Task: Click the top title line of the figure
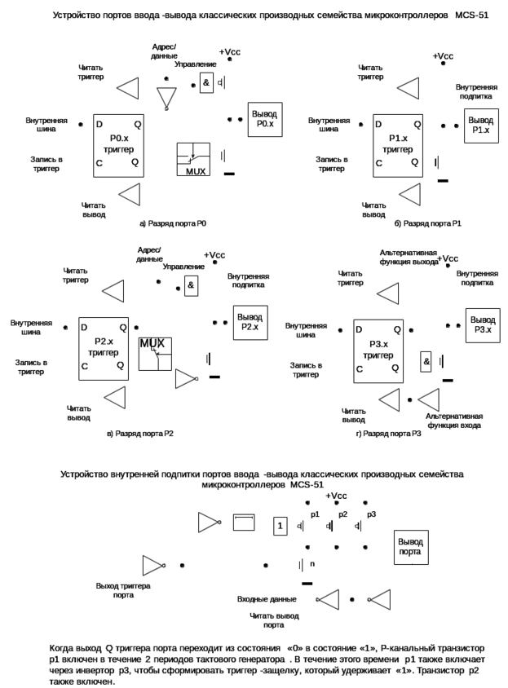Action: tap(269, 15)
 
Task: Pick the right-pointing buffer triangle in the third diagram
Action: tap(187, 379)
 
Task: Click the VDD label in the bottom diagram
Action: tap(336, 496)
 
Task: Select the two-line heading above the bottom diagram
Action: tap(262, 478)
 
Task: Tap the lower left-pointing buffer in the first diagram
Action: tap(128, 194)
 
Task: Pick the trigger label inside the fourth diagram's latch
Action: tap(378, 352)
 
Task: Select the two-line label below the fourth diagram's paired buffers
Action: tap(453, 421)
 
